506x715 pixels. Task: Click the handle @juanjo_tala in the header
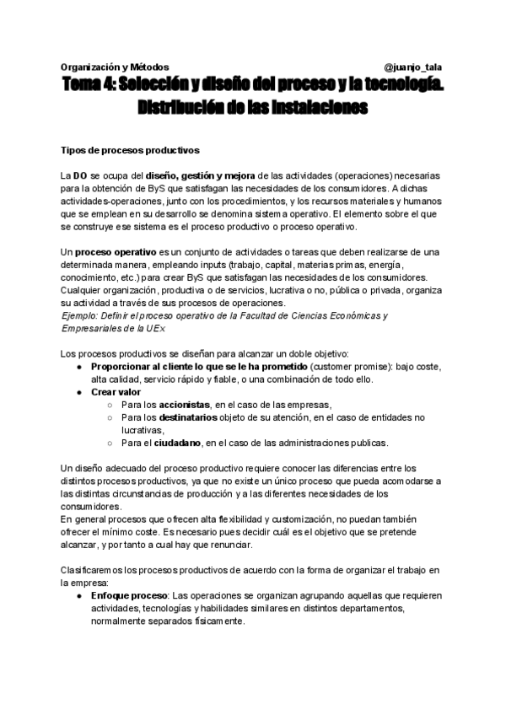pyautogui.click(x=414, y=67)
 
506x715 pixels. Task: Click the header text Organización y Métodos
pyautogui.click(x=115, y=67)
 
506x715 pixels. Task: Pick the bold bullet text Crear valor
pyautogui.click(x=116, y=392)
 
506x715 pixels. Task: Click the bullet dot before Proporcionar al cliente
pyautogui.click(x=78, y=367)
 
